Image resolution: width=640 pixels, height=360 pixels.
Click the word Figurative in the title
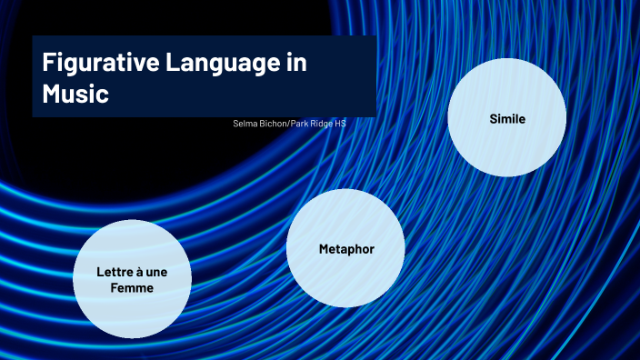(95, 64)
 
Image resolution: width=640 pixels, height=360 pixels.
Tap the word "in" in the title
(296, 64)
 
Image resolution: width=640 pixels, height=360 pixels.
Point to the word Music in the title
(75, 94)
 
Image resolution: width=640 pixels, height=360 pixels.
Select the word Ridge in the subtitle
(325, 123)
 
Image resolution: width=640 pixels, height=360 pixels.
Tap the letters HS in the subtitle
(341, 123)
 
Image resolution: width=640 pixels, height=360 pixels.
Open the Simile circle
(507, 118)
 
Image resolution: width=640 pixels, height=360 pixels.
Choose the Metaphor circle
(345, 248)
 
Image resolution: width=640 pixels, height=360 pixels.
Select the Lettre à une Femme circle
(132, 279)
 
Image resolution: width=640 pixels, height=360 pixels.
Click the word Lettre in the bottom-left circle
(114, 273)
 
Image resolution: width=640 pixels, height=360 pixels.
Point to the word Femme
(132, 287)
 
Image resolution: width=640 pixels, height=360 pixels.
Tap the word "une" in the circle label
(155, 273)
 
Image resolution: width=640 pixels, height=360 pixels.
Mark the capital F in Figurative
(48, 64)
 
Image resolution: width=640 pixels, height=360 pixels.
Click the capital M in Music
(51, 94)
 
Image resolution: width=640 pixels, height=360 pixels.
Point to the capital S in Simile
(493, 119)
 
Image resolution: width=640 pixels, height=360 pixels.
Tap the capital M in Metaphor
(324, 249)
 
